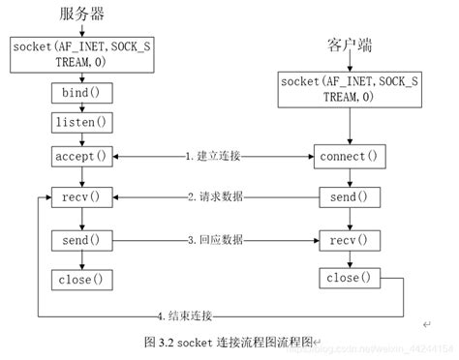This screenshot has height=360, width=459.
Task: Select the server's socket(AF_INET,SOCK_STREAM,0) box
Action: [81, 55]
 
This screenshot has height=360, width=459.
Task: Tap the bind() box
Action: [81, 94]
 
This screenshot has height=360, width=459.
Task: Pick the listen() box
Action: [81, 124]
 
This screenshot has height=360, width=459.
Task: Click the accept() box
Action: [81, 155]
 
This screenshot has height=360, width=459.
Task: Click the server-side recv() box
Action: [81, 197]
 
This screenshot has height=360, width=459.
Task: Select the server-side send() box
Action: [81, 239]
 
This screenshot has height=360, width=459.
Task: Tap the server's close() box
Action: [81, 280]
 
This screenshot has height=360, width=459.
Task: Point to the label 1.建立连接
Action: [216, 156]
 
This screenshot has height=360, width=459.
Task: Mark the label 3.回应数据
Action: [216, 239]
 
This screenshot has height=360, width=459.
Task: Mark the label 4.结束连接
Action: [189, 316]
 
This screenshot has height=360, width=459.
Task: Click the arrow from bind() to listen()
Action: [81, 108]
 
